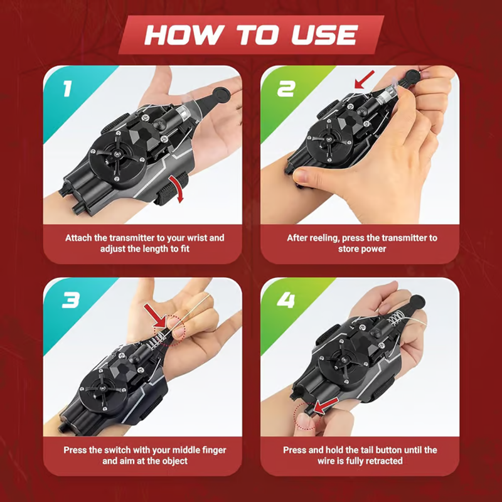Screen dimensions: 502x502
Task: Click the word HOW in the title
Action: tap(184, 35)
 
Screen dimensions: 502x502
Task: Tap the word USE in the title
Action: tap(324, 35)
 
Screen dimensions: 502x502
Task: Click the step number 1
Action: tap(67, 88)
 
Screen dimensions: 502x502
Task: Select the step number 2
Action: tap(286, 88)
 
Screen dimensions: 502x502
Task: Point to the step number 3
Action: tap(71, 301)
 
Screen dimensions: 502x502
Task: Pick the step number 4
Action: tap(286, 301)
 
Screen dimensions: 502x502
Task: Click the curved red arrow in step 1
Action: tap(177, 189)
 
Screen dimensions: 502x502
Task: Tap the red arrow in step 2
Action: tap(365, 80)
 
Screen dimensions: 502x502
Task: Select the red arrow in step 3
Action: tap(155, 316)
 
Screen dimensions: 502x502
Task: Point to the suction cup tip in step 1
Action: tap(221, 93)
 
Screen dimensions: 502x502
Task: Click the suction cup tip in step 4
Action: tap(417, 302)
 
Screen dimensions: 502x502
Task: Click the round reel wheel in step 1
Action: tap(117, 156)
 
